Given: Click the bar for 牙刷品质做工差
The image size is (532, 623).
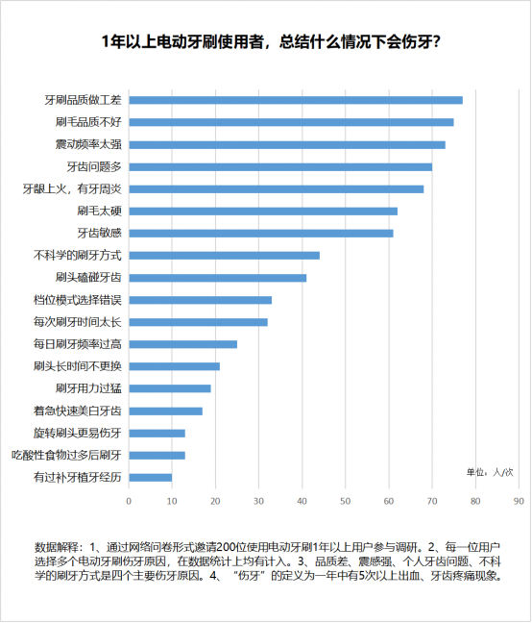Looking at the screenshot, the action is click(x=296, y=100).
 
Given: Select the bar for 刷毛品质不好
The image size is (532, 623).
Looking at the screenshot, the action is click(x=291, y=122).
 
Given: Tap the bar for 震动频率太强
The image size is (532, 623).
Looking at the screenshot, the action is click(x=287, y=144).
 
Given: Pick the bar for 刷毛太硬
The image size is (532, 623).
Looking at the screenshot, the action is click(x=263, y=211).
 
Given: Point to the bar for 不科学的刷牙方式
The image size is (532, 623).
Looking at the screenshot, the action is click(x=224, y=256).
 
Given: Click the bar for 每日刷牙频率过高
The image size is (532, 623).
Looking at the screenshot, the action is click(x=182, y=344).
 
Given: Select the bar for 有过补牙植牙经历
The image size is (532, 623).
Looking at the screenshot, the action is click(x=151, y=478).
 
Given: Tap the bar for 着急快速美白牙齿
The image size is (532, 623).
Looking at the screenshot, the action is click(x=165, y=411).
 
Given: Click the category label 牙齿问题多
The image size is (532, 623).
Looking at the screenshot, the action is click(x=94, y=167).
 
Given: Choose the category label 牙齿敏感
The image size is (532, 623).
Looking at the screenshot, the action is click(x=99, y=233).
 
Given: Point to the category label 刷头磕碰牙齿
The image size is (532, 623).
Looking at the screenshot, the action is click(x=88, y=277).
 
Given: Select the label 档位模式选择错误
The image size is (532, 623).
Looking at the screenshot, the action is click(x=78, y=300).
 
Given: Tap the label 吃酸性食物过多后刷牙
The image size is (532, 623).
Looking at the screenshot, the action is click(x=66, y=456).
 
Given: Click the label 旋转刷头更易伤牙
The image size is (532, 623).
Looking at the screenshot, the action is click(x=78, y=433).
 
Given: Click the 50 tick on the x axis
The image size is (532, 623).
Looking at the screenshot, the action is click(x=345, y=502).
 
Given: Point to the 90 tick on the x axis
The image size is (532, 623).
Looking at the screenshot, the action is click(x=519, y=502).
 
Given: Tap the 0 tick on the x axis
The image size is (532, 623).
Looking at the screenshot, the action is click(x=129, y=502).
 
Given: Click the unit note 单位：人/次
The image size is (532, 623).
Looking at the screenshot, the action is click(x=490, y=472).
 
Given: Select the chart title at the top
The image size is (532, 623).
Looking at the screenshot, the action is click(x=271, y=41).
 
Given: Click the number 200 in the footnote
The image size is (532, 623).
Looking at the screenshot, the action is click(x=226, y=547).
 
